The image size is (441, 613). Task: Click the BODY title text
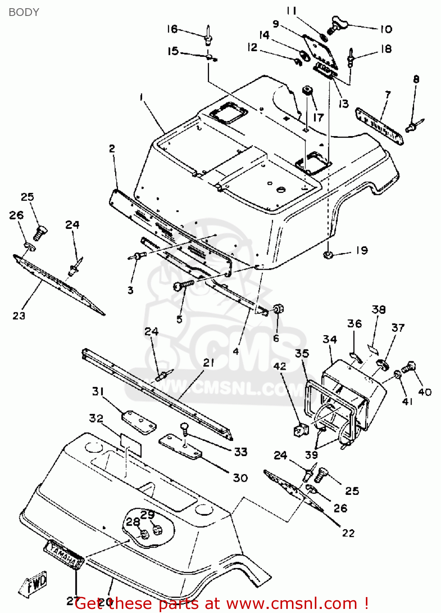click(24, 12)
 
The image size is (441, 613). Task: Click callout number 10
click(386, 29)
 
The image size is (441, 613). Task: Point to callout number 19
click(362, 250)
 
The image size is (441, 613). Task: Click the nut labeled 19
click(327, 255)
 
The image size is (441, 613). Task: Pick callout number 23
click(19, 315)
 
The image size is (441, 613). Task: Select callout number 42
click(280, 366)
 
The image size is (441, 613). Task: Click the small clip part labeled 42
click(300, 430)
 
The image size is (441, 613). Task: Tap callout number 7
click(388, 95)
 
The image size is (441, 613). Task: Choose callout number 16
click(172, 29)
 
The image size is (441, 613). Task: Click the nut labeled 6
click(278, 309)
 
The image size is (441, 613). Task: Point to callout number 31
click(98, 391)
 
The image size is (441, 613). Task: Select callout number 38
click(379, 309)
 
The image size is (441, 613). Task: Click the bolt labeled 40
click(409, 367)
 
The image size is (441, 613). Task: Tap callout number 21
click(209, 362)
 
